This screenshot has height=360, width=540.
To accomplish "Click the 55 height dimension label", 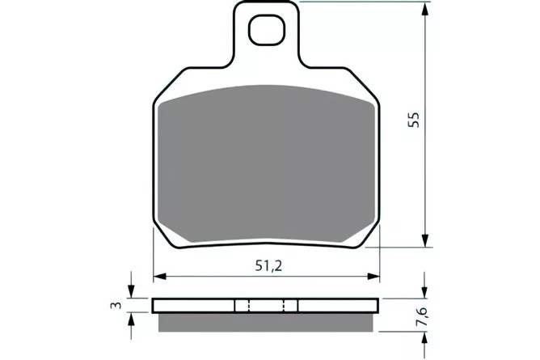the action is [x=414, y=120].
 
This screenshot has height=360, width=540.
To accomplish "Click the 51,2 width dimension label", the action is [x=268, y=265].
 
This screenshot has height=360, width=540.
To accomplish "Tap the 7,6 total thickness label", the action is [x=422, y=316].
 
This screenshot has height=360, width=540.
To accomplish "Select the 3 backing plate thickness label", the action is [x=116, y=305].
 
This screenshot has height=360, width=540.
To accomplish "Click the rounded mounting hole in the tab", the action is [x=268, y=30].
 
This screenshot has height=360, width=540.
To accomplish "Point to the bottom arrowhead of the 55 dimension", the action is [x=426, y=239].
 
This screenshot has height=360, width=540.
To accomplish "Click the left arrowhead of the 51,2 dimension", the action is [x=161, y=277].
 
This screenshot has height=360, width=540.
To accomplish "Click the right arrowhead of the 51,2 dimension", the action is [x=373, y=277].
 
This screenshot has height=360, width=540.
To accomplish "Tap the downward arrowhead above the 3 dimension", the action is [x=130, y=291].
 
